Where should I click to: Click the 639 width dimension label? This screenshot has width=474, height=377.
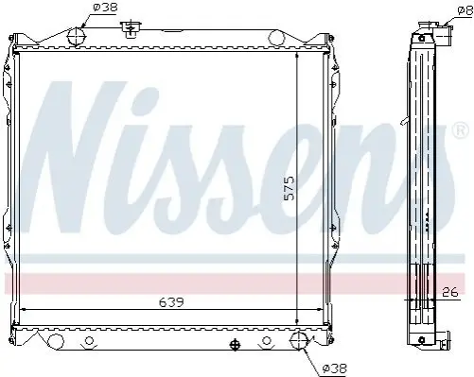[171, 302]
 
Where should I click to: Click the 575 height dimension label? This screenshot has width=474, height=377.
[289, 188]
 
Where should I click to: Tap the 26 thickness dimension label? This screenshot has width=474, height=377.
[449, 292]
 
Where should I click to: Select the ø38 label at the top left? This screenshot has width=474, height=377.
[105, 7]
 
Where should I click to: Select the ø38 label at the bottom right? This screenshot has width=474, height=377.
[335, 368]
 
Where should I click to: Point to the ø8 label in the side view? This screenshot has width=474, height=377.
[465, 11]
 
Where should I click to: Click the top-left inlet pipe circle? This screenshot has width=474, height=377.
[77, 37]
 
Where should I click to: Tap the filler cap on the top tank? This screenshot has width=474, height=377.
[130, 28]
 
